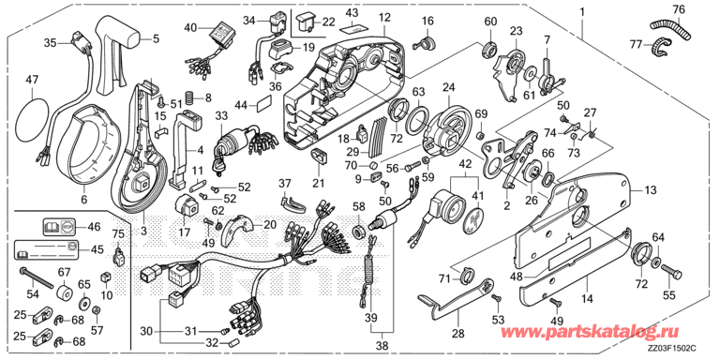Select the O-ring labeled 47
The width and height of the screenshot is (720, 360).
(x=17, y=116)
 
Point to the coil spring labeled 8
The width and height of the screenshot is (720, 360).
(x=188, y=97)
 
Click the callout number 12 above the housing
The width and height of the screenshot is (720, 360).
(x=384, y=19)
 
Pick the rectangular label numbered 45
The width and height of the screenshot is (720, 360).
(x=47, y=248)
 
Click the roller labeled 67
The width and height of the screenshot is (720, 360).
(x=65, y=293)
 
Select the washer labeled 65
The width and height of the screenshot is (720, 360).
(x=85, y=304)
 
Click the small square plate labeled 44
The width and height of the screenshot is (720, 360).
(x=264, y=104)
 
